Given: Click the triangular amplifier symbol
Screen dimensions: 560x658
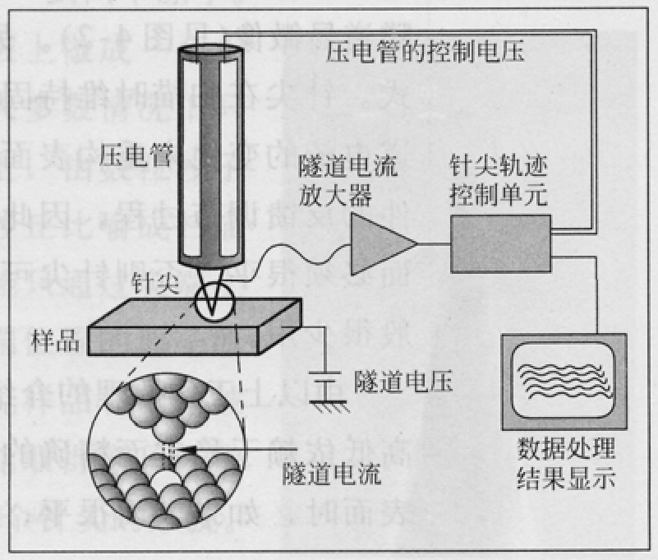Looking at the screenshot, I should pyautogui.click(x=378, y=243).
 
